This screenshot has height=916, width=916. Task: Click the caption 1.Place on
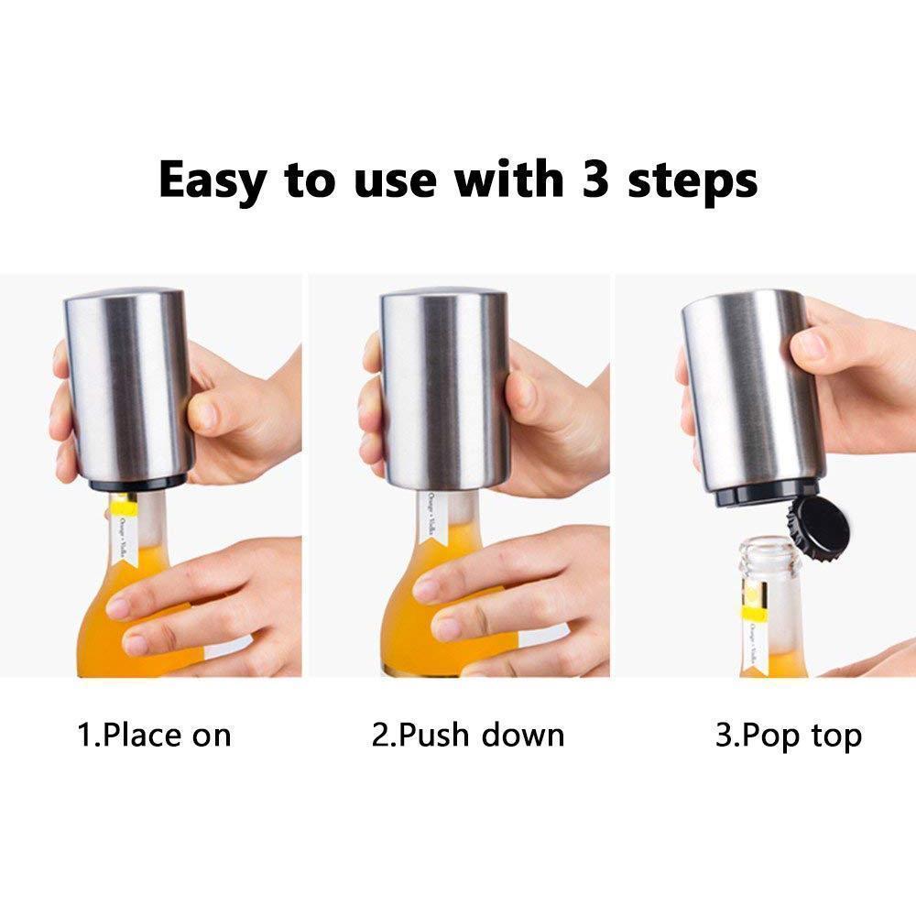pyautogui.click(x=153, y=735)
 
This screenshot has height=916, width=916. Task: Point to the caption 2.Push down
pyautogui.click(x=468, y=735)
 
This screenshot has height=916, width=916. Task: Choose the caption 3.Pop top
pyautogui.click(x=788, y=735)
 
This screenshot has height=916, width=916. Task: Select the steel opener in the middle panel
pyautogui.click(x=444, y=385)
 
